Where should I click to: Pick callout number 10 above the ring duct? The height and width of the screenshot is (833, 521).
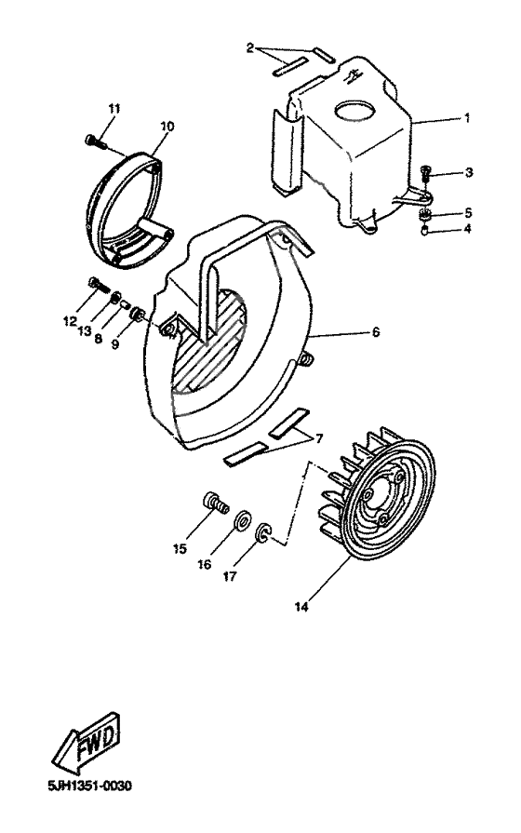[167, 125]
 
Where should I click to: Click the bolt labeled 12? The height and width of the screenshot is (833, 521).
[96, 285]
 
